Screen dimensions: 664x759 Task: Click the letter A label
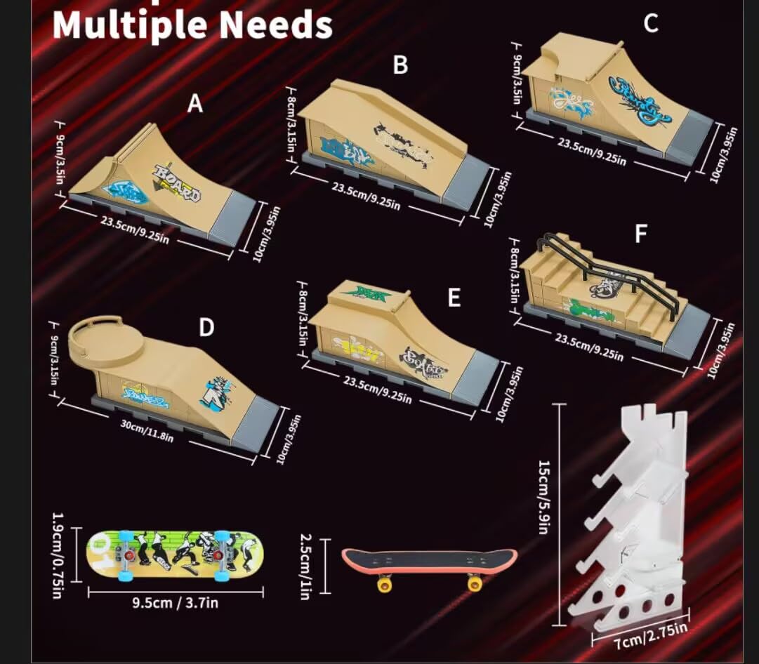(x=194, y=104)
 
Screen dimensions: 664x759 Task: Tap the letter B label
(x=400, y=65)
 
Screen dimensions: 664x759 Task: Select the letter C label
(x=651, y=23)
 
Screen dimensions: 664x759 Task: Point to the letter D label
(x=206, y=328)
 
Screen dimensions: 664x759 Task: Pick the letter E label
(x=454, y=298)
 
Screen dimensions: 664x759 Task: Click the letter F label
(x=640, y=234)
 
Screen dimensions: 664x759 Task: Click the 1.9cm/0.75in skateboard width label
(x=59, y=554)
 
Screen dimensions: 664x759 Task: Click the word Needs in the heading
(x=273, y=25)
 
